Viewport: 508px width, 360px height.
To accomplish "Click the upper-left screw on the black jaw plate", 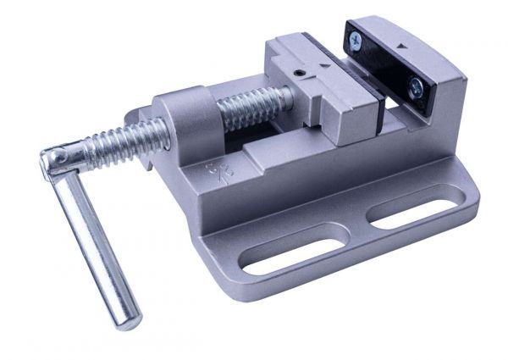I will (x=355, y=37).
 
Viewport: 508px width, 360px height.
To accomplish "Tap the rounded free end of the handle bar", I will (x=125, y=320).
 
